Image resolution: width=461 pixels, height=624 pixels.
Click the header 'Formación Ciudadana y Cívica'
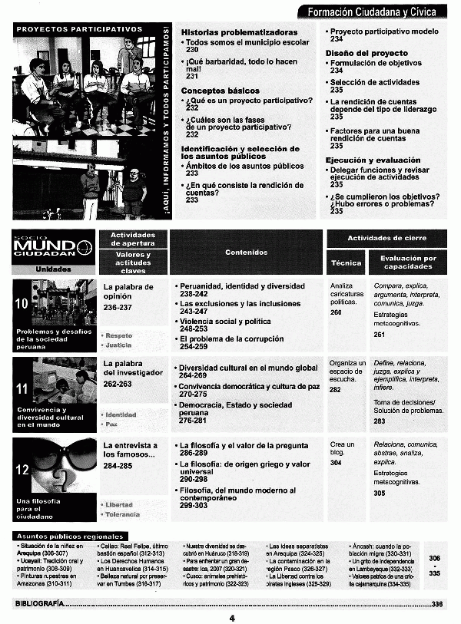tap(371, 12)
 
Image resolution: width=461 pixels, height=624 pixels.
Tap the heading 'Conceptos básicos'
tap(221, 91)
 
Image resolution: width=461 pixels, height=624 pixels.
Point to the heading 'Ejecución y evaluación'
tap(371, 160)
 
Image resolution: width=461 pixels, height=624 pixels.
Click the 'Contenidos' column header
tap(246, 252)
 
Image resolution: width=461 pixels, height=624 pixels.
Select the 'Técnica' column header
tap(346, 262)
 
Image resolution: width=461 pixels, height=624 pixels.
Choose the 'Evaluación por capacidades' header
tap(408, 262)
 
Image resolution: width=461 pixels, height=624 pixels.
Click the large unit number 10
tap(22, 303)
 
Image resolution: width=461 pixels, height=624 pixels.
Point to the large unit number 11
tap(22, 389)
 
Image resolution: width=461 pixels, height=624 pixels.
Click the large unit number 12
tap(22, 470)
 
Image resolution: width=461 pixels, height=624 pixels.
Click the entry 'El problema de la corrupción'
tap(231, 338)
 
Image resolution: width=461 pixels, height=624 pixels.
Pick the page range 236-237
tap(118, 307)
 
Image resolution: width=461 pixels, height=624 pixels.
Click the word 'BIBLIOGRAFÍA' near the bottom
tap(39, 604)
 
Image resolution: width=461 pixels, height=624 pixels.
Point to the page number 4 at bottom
tap(230, 617)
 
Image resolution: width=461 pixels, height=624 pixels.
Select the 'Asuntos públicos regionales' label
tap(71, 536)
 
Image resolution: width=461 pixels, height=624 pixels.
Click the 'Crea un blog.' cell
tap(342, 448)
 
